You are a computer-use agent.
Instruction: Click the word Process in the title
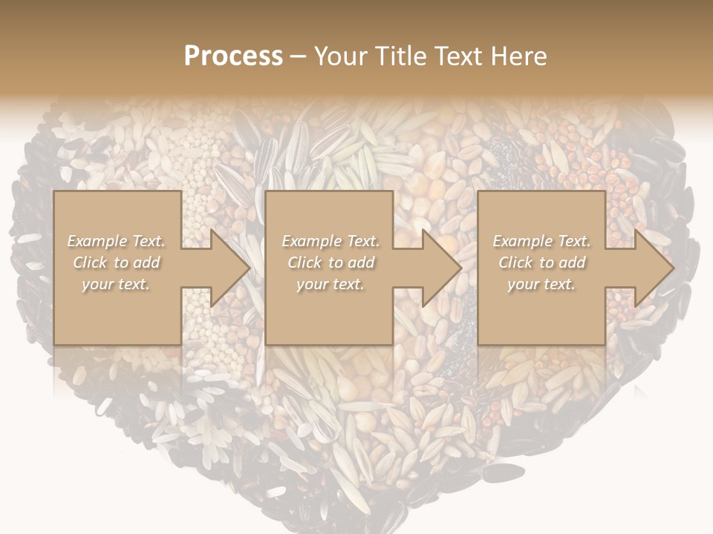(233, 56)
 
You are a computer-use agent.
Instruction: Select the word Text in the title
(459, 56)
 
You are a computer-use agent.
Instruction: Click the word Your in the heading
(342, 56)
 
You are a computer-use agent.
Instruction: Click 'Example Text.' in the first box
(116, 241)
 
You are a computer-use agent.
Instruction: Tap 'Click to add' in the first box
(116, 263)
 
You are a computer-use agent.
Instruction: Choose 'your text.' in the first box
(116, 284)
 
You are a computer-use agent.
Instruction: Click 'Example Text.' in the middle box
(330, 241)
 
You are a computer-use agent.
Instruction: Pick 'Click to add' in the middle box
(330, 263)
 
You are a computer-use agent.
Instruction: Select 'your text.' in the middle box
(330, 284)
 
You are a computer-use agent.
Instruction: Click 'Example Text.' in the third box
(541, 241)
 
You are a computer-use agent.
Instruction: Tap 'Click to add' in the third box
(541, 263)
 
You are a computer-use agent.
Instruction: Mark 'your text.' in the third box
(541, 284)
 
